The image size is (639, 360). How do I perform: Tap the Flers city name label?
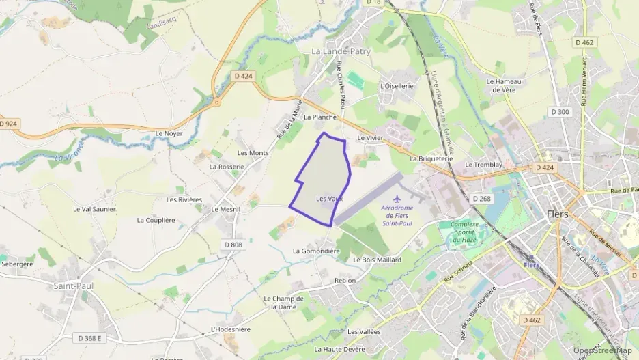coord(558,214)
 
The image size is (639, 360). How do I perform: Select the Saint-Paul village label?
coord(74,286)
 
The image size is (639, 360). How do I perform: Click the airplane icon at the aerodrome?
coord(389,199)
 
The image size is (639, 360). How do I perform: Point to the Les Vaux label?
coord(329,199)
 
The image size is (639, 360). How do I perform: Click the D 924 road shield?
coord(8,124)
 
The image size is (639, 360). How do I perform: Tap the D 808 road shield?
coord(233,245)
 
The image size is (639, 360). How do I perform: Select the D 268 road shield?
coord(481,198)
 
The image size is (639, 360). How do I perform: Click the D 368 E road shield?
coord(89,338)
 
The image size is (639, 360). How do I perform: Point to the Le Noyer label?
coord(169,133)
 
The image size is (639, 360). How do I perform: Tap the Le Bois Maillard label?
coord(377,260)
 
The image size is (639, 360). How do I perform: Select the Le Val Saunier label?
coord(94,209)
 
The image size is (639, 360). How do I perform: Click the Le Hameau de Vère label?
coord(504,85)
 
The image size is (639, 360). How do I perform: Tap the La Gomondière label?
coord(316,251)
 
